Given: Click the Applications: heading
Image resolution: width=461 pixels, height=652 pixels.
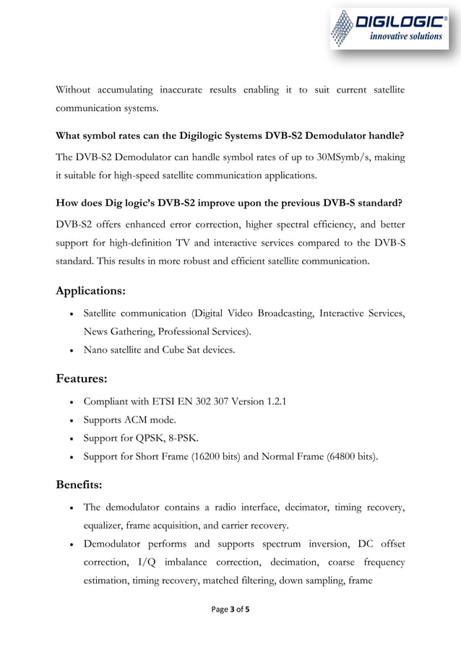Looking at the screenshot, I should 91,291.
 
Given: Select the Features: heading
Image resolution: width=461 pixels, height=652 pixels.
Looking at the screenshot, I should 82,378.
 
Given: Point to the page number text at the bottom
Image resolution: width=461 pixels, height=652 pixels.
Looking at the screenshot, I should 230,609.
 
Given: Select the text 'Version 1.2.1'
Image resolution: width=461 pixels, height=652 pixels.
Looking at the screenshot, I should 256,401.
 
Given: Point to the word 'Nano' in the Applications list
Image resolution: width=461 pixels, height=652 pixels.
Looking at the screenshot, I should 96,350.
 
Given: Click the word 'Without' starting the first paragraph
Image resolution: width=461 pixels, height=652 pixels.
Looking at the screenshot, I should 75,90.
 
